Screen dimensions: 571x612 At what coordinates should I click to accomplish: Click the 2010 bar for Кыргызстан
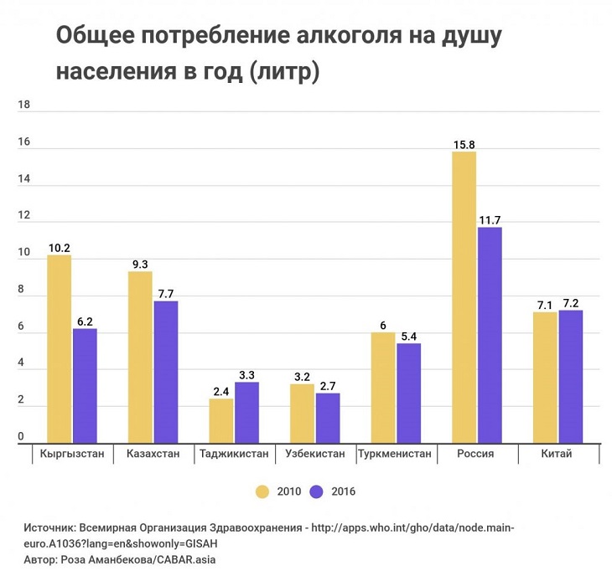click(59, 348)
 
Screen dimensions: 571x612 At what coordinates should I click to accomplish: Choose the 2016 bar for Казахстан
click(166, 372)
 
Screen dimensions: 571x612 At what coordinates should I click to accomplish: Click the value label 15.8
click(464, 145)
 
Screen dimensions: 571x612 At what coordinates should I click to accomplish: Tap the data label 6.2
click(86, 322)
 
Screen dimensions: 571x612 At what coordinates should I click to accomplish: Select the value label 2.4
click(221, 391)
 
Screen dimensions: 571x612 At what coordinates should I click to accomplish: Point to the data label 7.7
click(166, 294)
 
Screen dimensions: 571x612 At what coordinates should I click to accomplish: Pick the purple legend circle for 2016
click(317, 491)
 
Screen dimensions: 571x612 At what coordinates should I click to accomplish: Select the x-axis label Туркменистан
click(394, 455)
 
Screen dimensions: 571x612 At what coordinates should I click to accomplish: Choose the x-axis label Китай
click(557, 455)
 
